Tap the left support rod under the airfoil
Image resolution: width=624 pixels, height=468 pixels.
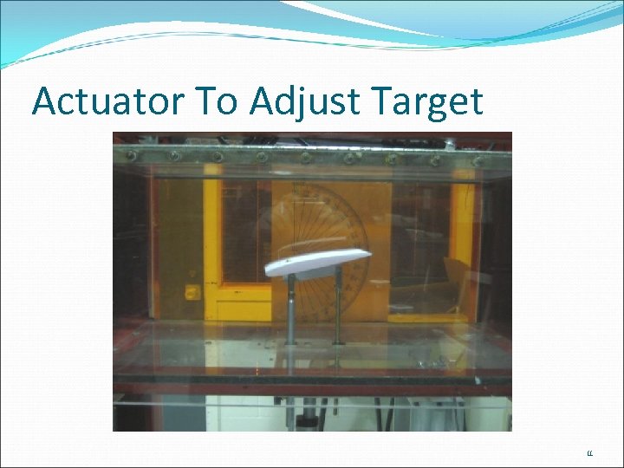[x=291, y=308]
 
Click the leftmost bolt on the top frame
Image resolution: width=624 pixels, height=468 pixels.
[x=132, y=155]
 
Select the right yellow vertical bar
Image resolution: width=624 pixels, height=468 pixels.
[x=467, y=243]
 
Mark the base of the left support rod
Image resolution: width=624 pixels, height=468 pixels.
[x=291, y=342]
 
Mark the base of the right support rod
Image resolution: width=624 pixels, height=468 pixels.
[x=338, y=344]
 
